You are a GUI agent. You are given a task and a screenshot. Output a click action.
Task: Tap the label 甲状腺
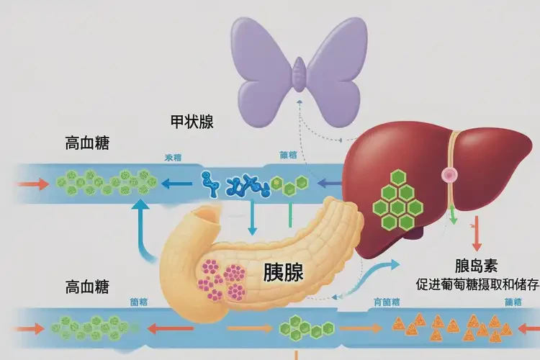191,122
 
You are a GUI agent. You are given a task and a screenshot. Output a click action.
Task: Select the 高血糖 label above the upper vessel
87,143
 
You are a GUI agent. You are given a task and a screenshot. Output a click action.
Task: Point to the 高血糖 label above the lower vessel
87,287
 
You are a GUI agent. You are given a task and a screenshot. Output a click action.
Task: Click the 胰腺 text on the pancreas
283,272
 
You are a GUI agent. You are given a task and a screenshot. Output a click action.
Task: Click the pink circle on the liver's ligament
450,174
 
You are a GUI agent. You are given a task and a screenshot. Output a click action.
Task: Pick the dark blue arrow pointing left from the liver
330,184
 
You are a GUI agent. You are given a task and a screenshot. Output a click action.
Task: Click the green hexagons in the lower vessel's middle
300,327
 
